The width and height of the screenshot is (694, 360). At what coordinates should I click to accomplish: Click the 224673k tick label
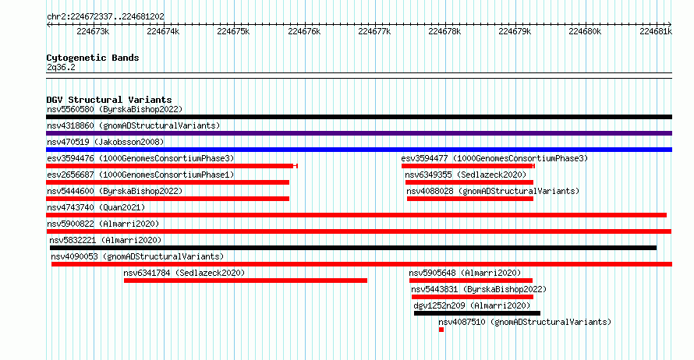pyautogui.click(x=93, y=31)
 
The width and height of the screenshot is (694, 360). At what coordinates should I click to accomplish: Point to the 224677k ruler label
pyautogui.click(x=374, y=31)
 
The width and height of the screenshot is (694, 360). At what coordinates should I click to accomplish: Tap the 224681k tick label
pyautogui.click(x=656, y=31)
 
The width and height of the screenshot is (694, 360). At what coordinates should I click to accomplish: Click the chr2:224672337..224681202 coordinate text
pyautogui.click(x=105, y=16)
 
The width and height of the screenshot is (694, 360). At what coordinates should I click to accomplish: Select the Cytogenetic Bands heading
pyautogui.click(x=93, y=58)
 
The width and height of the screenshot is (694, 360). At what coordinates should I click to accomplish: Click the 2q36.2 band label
pyautogui.click(x=61, y=67)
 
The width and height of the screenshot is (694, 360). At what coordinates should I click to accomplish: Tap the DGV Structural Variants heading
pyautogui.click(x=109, y=100)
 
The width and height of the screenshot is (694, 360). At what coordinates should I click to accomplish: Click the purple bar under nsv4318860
pyautogui.click(x=359, y=133)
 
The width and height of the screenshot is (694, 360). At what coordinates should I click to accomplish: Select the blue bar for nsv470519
pyautogui.click(x=359, y=150)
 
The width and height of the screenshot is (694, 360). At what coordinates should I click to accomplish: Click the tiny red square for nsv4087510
pyautogui.click(x=441, y=330)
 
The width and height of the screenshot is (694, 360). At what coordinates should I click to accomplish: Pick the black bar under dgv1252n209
pyautogui.click(x=477, y=313)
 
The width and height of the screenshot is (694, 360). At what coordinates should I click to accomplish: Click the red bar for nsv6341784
pyautogui.click(x=246, y=281)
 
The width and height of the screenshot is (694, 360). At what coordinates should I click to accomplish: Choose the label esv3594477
pyautogui.click(x=424, y=158)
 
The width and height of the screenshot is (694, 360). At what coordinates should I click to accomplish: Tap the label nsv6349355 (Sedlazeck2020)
pyautogui.click(x=466, y=175)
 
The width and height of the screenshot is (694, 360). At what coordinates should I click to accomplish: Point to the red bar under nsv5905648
pyautogui.click(x=471, y=281)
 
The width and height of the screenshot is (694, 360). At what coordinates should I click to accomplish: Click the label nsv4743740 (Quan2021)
pyautogui.click(x=96, y=207)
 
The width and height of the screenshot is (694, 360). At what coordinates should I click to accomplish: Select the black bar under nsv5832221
pyautogui.click(x=353, y=248)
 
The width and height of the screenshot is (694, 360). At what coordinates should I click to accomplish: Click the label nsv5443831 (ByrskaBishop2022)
pyautogui.click(x=479, y=289)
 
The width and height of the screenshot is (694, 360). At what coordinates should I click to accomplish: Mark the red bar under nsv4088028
pyautogui.click(x=470, y=199)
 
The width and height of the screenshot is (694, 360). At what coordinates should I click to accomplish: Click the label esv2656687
pyautogui.click(x=70, y=175)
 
